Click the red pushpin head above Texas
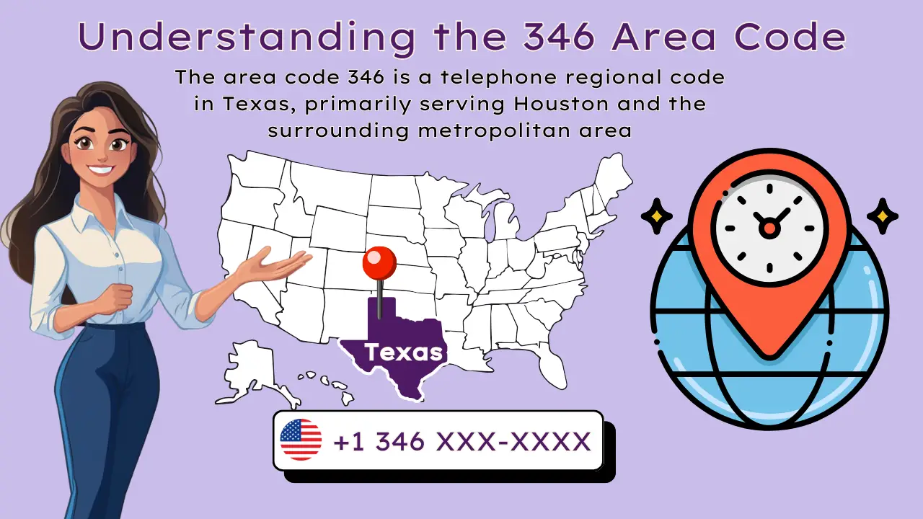[x=379, y=264]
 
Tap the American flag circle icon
[x=301, y=440]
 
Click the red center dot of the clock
[x=769, y=228]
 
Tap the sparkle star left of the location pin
[x=656, y=216]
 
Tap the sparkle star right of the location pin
[x=882, y=216]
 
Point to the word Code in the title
[x=801, y=37]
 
